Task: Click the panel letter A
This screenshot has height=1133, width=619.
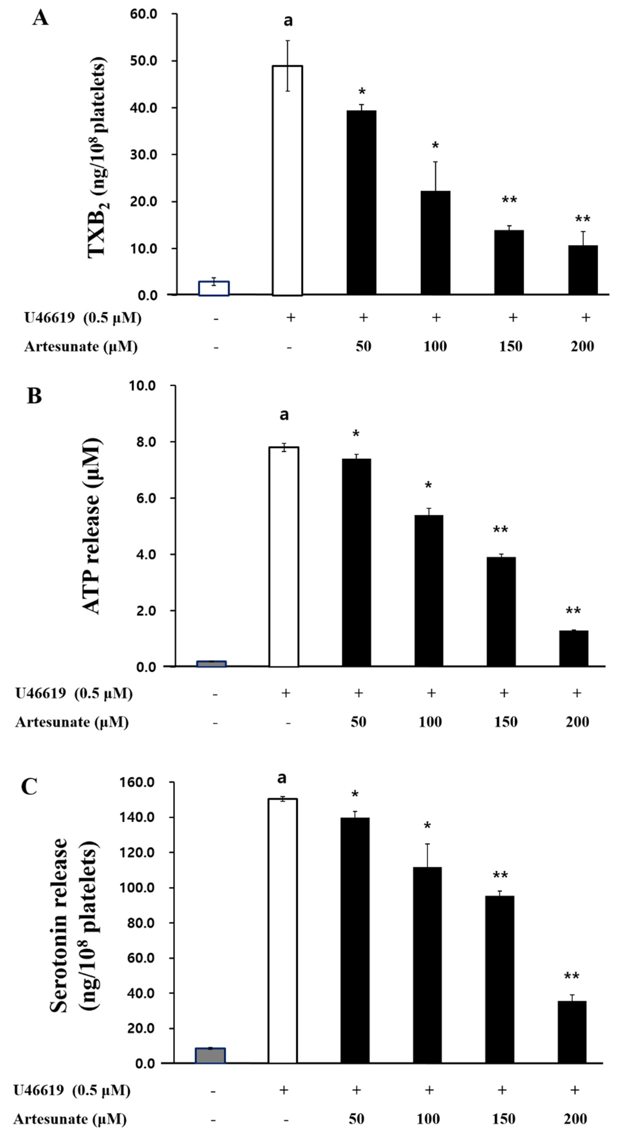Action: coord(40,18)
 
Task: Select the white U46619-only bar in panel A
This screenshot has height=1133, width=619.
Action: coord(287,180)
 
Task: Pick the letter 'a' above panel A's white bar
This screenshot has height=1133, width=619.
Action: coord(288,21)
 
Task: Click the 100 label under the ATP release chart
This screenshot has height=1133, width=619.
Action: coord(430,722)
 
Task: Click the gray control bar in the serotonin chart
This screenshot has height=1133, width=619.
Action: coord(210,1056)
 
